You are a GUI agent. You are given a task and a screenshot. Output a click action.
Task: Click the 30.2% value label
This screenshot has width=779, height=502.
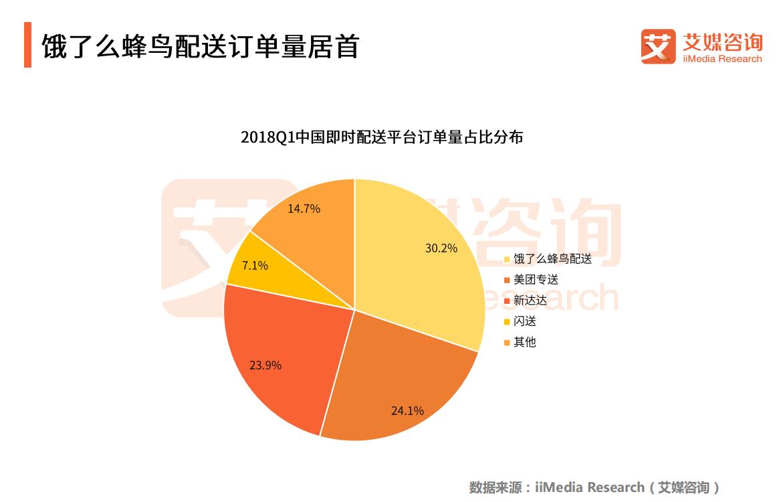(441, 248)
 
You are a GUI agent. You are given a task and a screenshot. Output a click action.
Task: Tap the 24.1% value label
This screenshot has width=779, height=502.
(407, 411)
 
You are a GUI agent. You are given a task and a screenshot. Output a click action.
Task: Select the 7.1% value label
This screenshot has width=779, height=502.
(255, 266)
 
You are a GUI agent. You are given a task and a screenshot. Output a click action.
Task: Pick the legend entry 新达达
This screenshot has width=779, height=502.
(530, 301)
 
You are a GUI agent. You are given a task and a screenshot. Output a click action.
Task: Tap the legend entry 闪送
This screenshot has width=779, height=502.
(525, 321)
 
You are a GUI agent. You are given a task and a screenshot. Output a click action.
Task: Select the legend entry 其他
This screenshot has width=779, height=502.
(525, 342)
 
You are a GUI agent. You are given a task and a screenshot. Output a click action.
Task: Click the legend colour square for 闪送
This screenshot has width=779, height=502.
(507, 322)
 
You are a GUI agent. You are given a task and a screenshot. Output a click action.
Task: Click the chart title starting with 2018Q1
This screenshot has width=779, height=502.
(382, 138)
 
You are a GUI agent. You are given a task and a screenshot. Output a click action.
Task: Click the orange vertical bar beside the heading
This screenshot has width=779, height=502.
(27, 45)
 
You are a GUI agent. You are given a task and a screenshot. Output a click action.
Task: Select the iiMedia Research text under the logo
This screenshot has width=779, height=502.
(722, 59)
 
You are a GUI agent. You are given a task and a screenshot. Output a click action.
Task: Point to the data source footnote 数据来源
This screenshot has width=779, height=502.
(594, 487)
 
